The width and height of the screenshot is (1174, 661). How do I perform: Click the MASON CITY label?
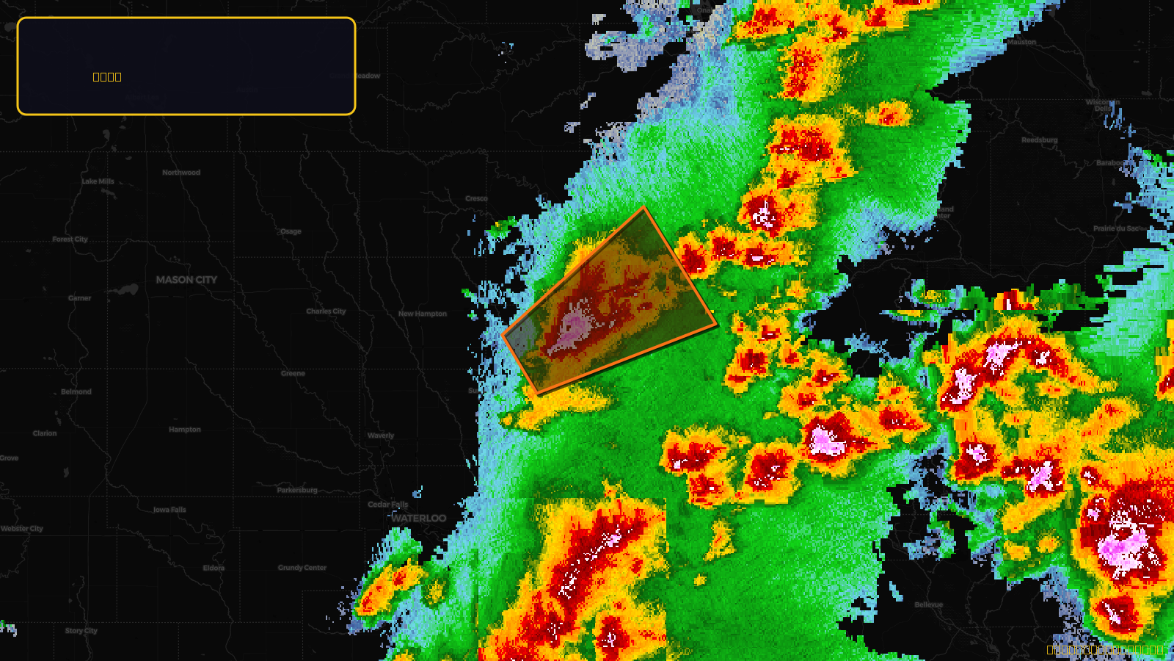coord(186,280)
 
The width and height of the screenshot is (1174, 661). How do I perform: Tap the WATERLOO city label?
coord(419,519)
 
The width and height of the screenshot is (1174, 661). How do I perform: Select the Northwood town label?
coord(181,173)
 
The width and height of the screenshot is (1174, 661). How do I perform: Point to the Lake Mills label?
coord(98,181)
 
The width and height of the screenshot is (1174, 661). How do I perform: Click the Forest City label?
coord(70,239)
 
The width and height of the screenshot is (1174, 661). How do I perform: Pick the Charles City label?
coord(326,311)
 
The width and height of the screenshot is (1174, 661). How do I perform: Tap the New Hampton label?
coord(422,314)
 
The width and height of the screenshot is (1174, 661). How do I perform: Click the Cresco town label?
coord(476,198)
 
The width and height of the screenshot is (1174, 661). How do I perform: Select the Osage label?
coord(291,231)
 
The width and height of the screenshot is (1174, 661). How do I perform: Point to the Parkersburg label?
coord(297,490)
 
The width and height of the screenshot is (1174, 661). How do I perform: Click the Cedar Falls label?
coord(387,505)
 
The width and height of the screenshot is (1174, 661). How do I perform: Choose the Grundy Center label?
coord(302,568)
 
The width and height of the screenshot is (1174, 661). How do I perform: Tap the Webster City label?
coord(22,529)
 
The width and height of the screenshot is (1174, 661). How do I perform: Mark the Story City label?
coord(81,631)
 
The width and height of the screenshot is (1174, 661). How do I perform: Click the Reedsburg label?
coord(1040,140)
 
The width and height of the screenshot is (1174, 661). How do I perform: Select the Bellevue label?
coord(929,605)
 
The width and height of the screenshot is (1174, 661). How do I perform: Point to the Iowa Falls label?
coord(169,510)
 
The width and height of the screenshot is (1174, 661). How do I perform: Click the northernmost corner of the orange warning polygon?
coord(644,208)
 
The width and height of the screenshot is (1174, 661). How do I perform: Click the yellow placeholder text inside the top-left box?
coord(107,77)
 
